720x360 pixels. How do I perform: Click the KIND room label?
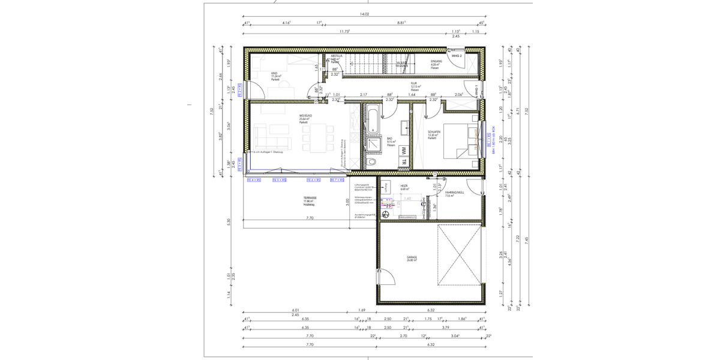258,73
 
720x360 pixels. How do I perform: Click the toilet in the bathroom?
373,161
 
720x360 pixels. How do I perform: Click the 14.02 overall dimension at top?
364,13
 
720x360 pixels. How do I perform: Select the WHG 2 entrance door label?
456,56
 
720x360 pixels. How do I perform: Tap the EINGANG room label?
436,62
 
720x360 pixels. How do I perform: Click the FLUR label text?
414,83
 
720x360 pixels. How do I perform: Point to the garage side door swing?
387,277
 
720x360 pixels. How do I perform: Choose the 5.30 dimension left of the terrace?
229,220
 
